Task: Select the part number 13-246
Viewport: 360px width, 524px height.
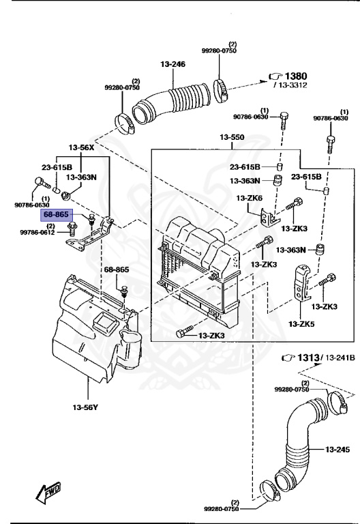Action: [172, 64]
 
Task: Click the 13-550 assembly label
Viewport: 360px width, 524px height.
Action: [231, 138]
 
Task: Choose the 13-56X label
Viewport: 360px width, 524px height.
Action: [82, 147]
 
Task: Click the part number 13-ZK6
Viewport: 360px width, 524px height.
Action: [249, 198]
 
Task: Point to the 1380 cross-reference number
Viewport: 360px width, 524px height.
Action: [295, 76]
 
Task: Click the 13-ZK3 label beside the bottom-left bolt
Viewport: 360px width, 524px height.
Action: [212, 336]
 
